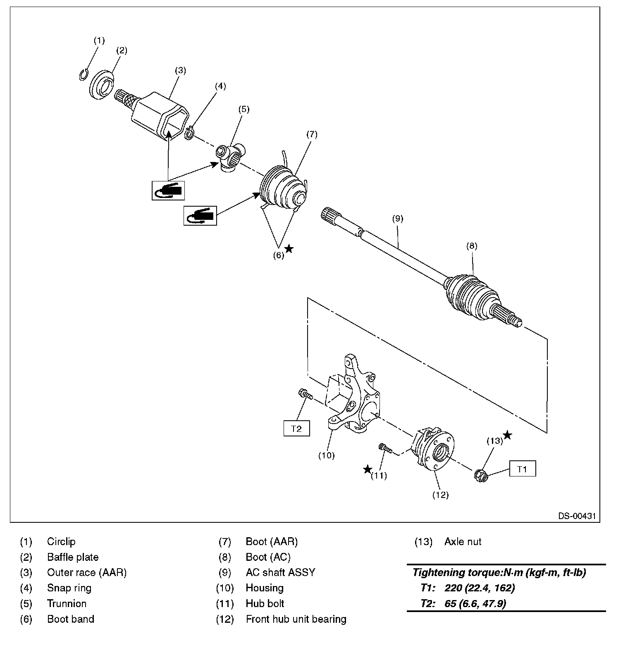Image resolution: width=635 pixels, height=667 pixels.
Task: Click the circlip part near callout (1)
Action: (x=83, y=75)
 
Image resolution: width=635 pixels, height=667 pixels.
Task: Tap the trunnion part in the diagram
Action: (x=231, y=157)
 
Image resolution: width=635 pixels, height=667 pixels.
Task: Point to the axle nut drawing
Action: (x=481, y=475)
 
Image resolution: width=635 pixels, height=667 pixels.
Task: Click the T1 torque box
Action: (x=522, y=469)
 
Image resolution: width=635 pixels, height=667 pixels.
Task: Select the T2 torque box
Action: (x=296, y=428)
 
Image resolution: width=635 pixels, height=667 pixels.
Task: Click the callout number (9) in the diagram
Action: (x=397, y=219)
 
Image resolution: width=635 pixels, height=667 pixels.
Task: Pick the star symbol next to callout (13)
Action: (x=507, y=435)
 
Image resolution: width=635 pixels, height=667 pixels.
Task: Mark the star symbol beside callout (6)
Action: (x=289, y=248)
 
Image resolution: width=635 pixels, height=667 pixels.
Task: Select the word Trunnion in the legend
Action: (x=67, y=603)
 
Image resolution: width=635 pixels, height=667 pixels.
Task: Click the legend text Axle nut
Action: (x=463, y=541)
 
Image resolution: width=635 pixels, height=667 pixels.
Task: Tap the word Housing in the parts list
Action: (x=265, y=588)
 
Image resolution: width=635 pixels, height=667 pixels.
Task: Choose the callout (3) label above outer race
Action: (x=180, y=70)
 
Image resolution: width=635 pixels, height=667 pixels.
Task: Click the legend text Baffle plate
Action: (x=73, y=557)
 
